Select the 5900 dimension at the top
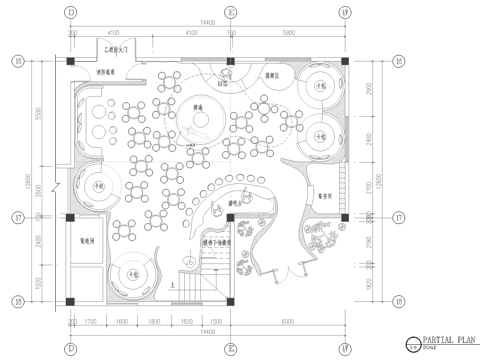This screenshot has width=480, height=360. [x=290, y=34]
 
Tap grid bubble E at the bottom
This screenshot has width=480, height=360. [x=232, y=349]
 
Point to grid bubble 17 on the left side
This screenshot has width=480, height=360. [x=17, y=217]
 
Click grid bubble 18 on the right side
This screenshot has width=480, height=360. [x=398, y=300]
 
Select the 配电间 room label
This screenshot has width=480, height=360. [x=87, y=241]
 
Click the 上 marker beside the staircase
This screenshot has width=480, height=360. [x=173, y=284]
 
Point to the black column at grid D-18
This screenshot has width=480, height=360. [x=71, y=300]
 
